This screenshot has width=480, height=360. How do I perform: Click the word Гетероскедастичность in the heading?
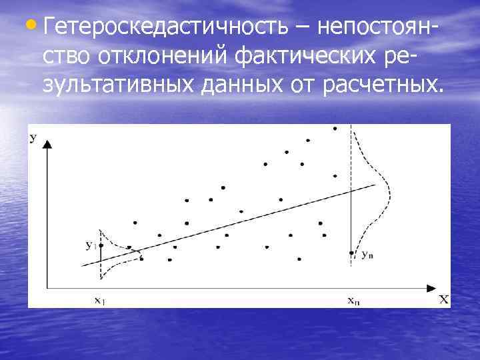(166, 27)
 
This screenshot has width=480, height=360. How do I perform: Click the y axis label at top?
(33, 138)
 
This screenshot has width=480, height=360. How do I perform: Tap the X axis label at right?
(444, 299)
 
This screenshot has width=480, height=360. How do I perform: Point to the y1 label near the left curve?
(90, 245)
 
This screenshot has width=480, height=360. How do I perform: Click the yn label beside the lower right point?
(367, 255)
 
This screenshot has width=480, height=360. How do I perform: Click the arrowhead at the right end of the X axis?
(430, 287)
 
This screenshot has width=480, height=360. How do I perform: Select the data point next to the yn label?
(351, 253)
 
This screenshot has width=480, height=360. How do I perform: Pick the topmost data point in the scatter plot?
(335, 128)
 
